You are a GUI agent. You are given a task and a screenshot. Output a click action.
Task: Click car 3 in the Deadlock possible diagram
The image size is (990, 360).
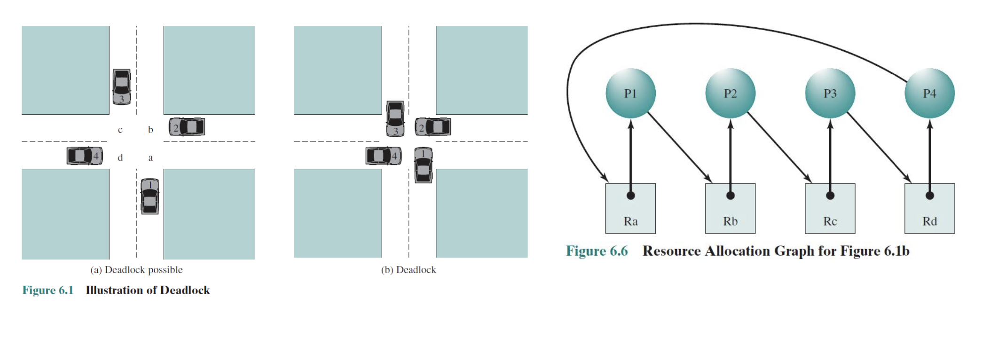pyautogui.click(x=121, y=87)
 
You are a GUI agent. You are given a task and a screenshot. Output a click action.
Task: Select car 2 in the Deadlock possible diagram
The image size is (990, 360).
pyautogui.click(x=187, y=127)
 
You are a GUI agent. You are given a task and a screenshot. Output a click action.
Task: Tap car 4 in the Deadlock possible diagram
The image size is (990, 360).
pyautogui.click(x=85, y=156)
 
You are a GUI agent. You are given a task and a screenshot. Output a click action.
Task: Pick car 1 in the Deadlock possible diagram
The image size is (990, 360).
pyautogui.click(x=150, y=196)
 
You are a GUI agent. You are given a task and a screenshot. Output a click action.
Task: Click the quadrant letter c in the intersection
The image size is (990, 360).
pyautogui.click(x=120, y=130)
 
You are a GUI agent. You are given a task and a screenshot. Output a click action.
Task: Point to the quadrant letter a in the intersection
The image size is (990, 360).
pyautogui.click(x=150, y=158)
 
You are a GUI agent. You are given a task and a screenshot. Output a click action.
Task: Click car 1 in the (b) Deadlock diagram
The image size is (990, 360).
pyautogui.click(x=423, y=165)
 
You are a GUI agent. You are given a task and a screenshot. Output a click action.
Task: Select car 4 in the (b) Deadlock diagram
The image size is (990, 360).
pyautogui.click(x=383, y=156)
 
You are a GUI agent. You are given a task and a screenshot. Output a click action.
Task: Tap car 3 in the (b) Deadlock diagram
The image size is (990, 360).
pyautogui.click(x=395, y=118)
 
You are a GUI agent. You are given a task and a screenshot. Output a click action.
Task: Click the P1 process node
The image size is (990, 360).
pyautogui.click(x=630, y=93)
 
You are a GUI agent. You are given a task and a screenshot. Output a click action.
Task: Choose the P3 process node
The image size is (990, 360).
pyautogui.click(x=830, y=93)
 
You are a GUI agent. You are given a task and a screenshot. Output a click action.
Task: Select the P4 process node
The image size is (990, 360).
pyautogui.click(x=929, y=93)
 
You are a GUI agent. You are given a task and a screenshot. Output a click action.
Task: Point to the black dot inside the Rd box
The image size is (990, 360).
pyautogui.click(x=929, y=196)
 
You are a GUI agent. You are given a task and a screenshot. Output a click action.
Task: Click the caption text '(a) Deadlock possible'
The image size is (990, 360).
pyautogui.click(x=136, y=270)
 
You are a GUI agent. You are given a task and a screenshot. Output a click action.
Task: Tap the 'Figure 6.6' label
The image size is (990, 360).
pyautogui.click(x=597, y=251)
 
